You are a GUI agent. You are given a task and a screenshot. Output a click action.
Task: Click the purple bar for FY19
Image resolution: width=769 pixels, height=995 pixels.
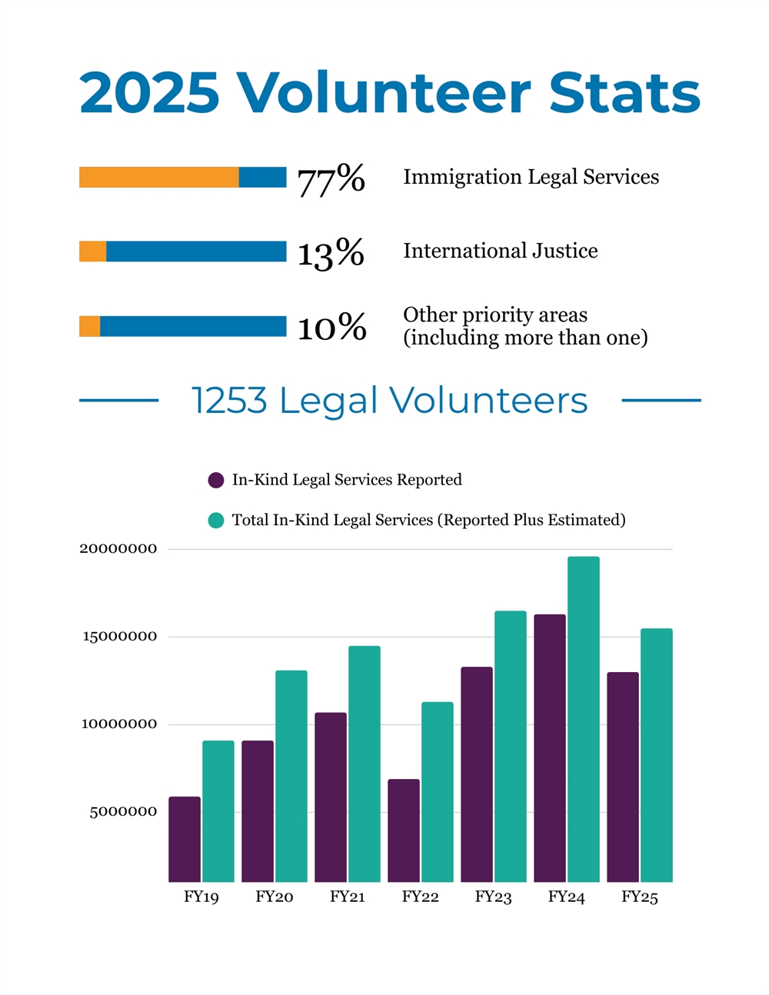click(x=185, y=839)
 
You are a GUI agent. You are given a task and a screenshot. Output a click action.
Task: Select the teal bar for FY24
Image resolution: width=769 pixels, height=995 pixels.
click(x=584, y=719)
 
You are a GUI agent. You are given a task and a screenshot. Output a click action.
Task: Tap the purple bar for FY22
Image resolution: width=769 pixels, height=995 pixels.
click(x=404, y=830)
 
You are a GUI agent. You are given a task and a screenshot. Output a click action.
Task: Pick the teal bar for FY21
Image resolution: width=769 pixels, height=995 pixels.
click(x=365, y=764)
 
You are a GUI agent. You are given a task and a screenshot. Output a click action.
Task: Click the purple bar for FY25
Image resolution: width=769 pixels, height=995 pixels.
click(x=623, y=777)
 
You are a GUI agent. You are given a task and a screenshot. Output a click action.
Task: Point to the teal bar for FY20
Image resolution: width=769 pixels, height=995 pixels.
click(x=291, y=776)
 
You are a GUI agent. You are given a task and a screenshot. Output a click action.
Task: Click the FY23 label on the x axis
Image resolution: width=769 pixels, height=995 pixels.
click(x=493, y=897)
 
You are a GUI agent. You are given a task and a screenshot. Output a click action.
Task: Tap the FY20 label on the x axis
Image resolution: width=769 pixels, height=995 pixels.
click(x=275, y=897)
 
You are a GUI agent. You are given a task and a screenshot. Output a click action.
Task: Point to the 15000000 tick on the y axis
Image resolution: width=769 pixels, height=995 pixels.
click(x=120, y=637)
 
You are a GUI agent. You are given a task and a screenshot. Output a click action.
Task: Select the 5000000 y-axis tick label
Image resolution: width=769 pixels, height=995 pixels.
click(x=123, y=812)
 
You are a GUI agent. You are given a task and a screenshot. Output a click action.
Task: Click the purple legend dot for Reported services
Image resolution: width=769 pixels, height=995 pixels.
click(x=216, y=481)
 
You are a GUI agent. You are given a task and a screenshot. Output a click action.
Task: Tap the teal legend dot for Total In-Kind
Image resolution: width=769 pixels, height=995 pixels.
click(x=216, y=521)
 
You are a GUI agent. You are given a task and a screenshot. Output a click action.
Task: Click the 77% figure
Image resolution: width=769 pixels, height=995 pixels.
click(x=331, y=179)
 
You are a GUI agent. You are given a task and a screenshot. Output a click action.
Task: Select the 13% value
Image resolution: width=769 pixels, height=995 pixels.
click(x=331, y=253)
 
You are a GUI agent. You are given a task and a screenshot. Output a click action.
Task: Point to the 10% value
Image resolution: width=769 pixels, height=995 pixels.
click(x=331, y=328)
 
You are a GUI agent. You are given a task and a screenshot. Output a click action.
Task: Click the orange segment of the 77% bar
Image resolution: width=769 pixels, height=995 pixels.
click(x=158, y=178)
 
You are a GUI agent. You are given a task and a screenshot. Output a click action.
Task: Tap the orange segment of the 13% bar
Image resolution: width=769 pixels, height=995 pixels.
click(x=93, y=251)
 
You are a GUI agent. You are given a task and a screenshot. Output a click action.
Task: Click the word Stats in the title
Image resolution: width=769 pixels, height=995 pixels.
click(x=624, y=93)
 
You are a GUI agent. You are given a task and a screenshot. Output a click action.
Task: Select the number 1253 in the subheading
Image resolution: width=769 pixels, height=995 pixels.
click(x=229, y=401)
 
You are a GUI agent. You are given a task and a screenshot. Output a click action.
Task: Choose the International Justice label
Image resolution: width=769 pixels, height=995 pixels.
click(x=500, y=251)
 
